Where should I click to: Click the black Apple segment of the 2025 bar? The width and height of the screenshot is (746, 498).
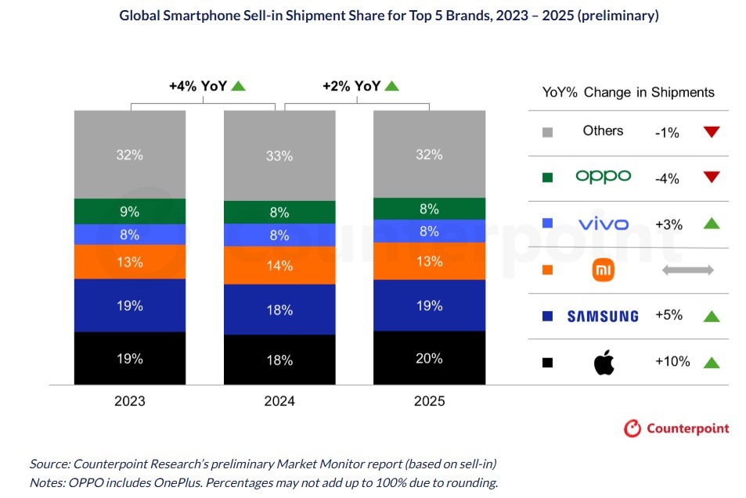tap(428, 358)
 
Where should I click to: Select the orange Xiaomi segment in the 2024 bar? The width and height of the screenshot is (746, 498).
tap(279, 265)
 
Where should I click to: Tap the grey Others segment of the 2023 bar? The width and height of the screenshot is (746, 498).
tap(129, 155)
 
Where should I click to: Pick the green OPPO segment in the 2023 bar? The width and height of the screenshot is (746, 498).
tap(129, 211)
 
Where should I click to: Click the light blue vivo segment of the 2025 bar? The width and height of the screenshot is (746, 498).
tap(428, 231)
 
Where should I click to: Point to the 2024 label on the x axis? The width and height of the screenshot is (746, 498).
tap(279, 401)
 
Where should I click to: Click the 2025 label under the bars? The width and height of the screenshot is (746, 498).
tap(428, 401)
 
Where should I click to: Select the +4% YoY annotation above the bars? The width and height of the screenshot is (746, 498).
tap(198, 86)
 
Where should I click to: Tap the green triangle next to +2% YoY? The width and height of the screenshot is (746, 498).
tap(391, 86)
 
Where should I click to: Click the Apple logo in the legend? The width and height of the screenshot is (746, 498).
tap(604, 362)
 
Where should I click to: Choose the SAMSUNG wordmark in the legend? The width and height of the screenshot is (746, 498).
tap(602, 316)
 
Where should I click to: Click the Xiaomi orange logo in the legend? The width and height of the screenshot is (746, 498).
tap(603, 270)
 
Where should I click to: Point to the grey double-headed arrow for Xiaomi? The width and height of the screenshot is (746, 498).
tap(688, 270)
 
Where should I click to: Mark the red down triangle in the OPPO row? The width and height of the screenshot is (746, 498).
tap(711, 177)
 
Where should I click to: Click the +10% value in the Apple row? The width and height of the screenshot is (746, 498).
tap(672, 361)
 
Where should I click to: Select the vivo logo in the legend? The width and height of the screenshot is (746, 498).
tap(603, 224)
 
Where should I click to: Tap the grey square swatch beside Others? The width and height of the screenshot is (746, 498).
tap(548, 132)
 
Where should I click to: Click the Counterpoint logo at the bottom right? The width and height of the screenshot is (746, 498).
tap(676, 428)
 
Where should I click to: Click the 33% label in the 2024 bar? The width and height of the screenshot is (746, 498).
tap(279, 156)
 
